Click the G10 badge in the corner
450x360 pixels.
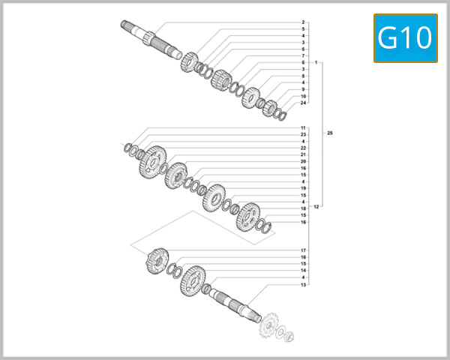point(405,37)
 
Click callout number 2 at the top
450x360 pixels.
point(303,22)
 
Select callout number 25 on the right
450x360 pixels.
point(330,133)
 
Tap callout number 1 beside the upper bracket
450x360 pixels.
point(316,62)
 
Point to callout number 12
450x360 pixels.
point(316,206)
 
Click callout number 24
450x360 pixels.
point(303,103)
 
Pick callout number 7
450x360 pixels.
point(303,55)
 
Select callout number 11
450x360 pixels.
point(303,128)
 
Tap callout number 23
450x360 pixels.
point(303,135)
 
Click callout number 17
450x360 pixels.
point(303,250)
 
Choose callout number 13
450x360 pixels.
point(303,285)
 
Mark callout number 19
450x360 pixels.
point(303,188)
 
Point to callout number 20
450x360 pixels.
point(303,161)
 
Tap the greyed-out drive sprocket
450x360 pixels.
point(268,328)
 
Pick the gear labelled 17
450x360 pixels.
point(156,260)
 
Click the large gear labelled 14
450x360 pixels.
point(192,277)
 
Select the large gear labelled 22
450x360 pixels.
point(153,161)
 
